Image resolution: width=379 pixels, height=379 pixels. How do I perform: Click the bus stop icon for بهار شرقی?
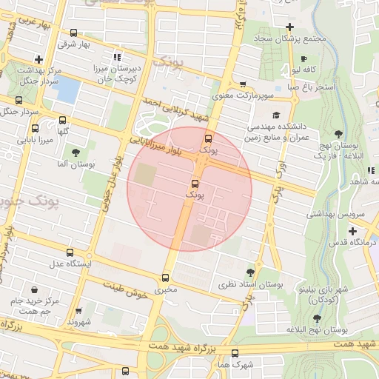[73, 33]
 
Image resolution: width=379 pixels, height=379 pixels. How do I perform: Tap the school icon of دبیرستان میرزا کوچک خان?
[116, 57]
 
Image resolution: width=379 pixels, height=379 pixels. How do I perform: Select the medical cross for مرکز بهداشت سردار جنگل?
[38, 59]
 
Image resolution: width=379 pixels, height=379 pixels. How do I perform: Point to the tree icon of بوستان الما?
[76, 152]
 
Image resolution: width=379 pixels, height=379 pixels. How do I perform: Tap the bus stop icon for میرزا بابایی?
[19, 100]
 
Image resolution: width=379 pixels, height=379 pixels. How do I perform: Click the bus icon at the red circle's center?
[195, 183]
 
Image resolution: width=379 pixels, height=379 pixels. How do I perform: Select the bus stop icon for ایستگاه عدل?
[70, 252]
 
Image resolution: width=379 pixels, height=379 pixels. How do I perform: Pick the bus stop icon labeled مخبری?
[165, 278]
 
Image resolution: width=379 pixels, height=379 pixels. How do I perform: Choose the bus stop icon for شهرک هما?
[235, 353]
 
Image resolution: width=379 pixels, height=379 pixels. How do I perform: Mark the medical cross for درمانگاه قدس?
[352, 231]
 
